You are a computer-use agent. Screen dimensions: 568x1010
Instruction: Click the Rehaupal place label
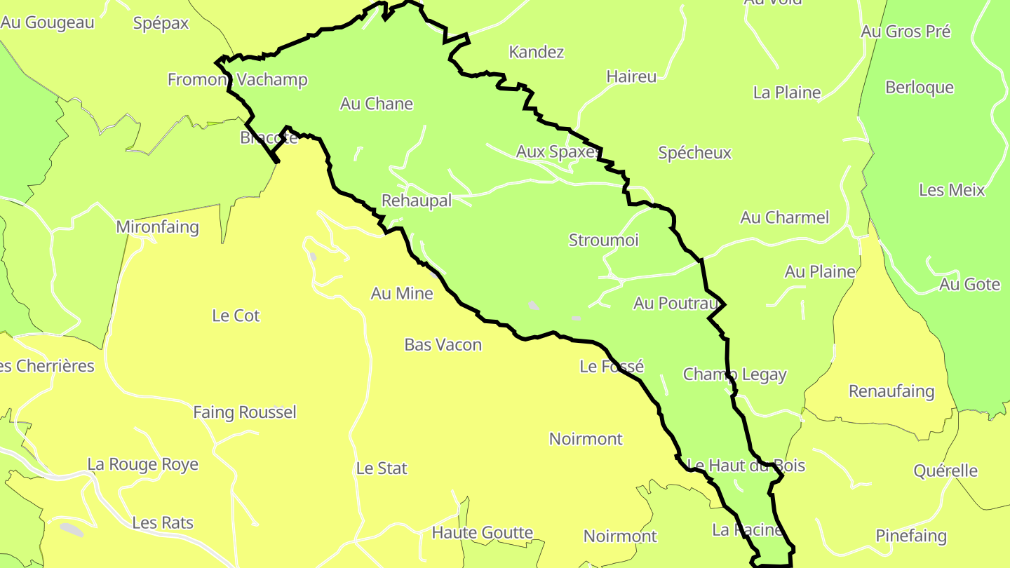point(416,201)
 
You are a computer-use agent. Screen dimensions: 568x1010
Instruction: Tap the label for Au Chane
point(377,104)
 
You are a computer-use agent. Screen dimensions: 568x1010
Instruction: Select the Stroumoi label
point(603,241)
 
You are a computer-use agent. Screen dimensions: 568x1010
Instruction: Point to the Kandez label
point(537,52)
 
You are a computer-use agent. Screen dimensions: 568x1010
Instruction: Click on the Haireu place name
point(631,76)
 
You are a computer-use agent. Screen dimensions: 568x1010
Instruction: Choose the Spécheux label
point(694,153)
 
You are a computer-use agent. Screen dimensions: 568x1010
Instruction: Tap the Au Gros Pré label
point(905,32)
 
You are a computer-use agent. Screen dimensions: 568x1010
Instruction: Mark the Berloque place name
point(920,88)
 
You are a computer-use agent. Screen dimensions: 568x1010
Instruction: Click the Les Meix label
point(952,190)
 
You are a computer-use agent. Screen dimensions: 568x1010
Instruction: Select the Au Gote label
point(969,284)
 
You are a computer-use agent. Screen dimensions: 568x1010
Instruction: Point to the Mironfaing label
point(157,227)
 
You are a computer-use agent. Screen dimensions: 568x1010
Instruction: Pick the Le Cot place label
point(236,316)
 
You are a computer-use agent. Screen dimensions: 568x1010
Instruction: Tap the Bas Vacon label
point(443,344)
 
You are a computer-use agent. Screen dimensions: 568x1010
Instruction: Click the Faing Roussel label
point(245,412)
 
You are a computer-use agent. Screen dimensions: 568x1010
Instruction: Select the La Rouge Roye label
point(142,464)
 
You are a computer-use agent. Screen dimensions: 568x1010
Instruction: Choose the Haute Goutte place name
point(482,533)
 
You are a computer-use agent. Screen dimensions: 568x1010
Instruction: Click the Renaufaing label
point(891,391)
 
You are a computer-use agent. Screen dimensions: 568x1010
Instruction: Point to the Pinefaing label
point(911,536)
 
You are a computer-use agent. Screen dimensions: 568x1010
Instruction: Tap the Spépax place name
point(161,23)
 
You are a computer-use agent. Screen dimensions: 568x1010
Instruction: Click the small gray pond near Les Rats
point(72,529)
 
